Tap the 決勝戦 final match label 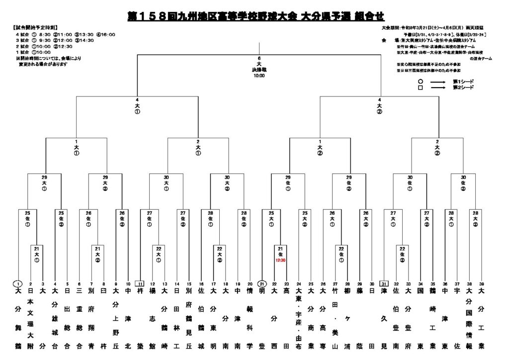(x=259, y=71)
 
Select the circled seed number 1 (x=18, y=284)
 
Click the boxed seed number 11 (x=141, y=284)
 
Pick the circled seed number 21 (x=261, y=284)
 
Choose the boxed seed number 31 (x=384, y=284)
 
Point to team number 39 (x=481, y=284)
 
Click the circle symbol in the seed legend (x=421, y=81)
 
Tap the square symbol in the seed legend (x=421, y=87)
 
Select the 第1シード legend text (x=463, y=81)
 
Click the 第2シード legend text (x=463, y=87)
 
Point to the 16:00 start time (x=107, y=34)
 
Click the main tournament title (x=255, y=16)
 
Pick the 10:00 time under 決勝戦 (x=259, y=76)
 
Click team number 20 (x=249, y=284)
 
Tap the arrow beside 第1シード (x=437, y=81)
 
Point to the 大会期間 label (x=390, y=28)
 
